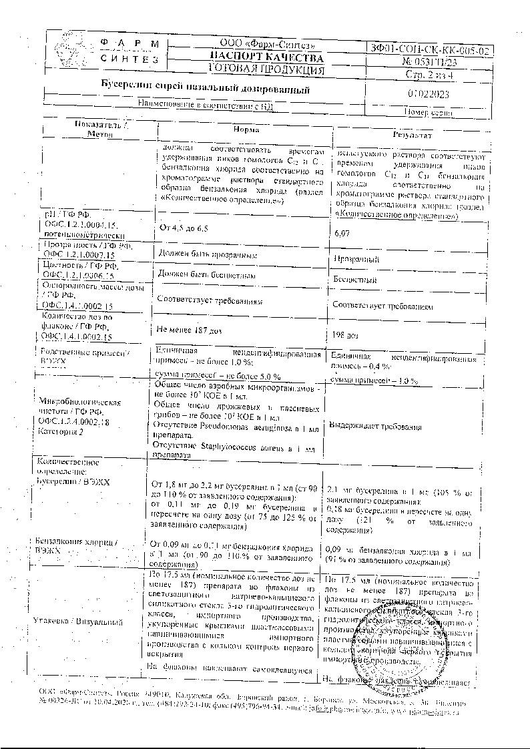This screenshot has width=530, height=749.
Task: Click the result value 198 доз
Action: [346, 334]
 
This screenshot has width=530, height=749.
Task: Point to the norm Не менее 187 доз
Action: [189, 330]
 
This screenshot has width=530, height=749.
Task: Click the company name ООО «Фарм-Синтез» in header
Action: [266, 45]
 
